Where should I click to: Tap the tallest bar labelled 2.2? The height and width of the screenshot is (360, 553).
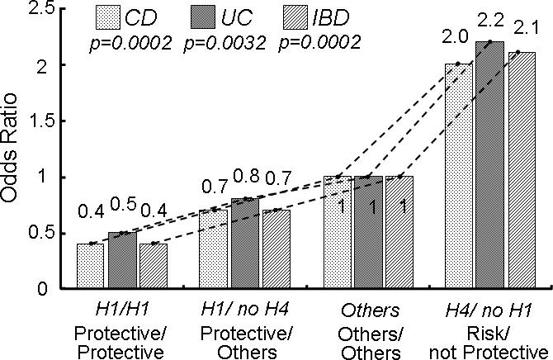pyautogui.click(x=490, y=165)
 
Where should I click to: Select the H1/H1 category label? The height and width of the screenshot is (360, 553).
pyautogui.click(x=121, y=310)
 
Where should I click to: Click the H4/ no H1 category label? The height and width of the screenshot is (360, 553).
pyautogui.click(x=489, y=310)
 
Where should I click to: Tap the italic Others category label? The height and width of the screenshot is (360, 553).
pyautogui.click(x=367, y=310)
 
